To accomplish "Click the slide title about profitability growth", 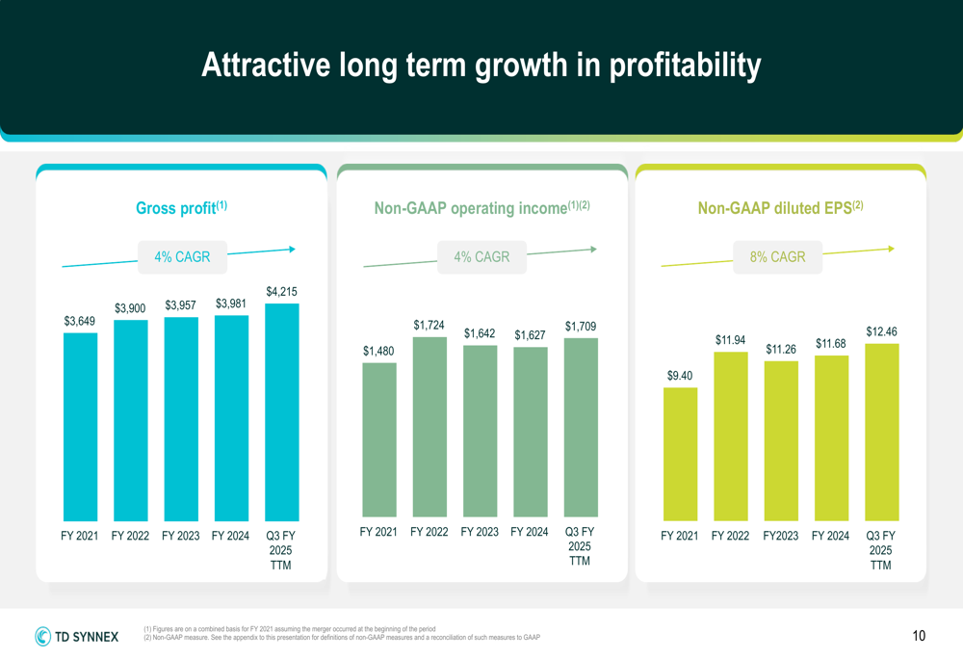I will pos(481,66).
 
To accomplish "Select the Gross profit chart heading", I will pos(181,207).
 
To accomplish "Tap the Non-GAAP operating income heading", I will pos(481,207).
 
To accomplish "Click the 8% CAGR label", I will pos(777,257).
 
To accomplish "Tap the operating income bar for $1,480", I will pos(379,439).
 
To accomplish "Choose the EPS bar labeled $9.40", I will pos(680,452).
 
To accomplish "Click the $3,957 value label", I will pos(180,305).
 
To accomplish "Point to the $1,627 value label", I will pos(530,335).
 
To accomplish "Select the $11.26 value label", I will pos(780,349).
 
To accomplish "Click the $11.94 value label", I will pos(730,340).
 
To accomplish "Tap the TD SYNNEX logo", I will pos(77,636).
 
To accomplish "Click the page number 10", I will pos(919,636).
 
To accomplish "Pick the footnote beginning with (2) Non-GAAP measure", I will pos(342,638).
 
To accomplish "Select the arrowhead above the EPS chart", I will pos(891,249).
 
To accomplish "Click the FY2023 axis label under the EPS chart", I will pos(780,537).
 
